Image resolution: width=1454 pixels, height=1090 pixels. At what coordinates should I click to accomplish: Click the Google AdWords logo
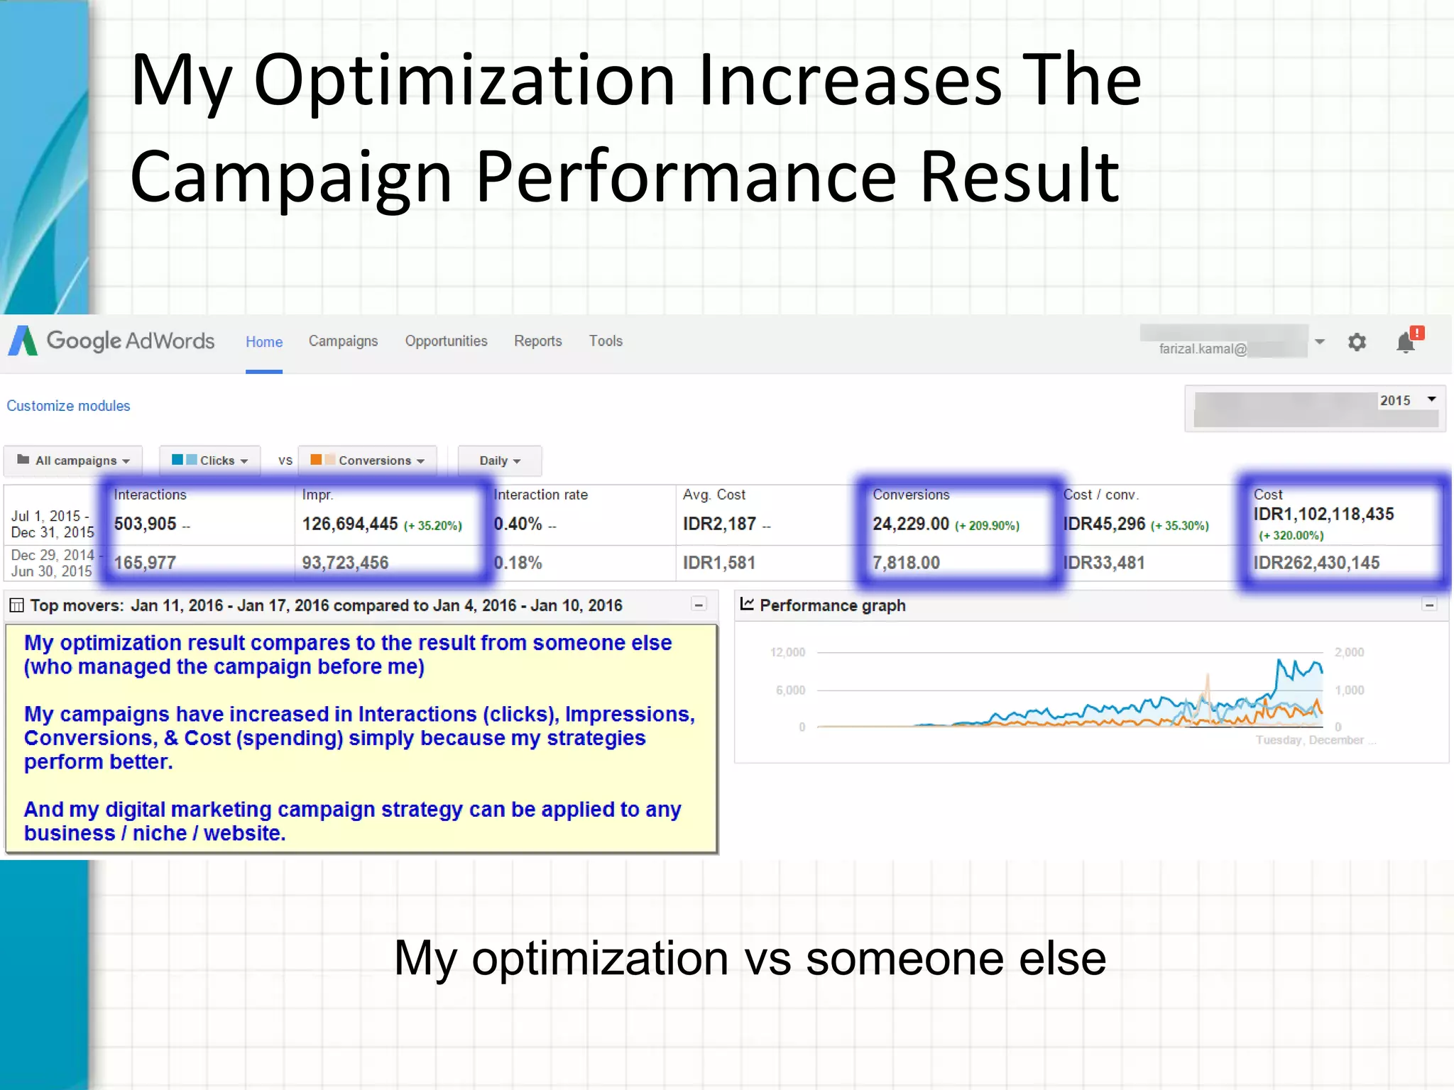(111, 341)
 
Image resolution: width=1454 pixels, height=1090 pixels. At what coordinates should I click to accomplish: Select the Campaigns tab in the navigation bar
(343, 341)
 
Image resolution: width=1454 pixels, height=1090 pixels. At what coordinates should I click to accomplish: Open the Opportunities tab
(446, 341)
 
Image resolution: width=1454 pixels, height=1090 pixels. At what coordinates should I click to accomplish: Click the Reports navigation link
(537, 341)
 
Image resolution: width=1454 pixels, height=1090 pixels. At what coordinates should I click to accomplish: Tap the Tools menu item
(605, 341)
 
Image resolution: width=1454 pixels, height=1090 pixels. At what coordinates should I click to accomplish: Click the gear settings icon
(1357, 343)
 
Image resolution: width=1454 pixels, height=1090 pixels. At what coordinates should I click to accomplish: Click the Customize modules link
(68, 406)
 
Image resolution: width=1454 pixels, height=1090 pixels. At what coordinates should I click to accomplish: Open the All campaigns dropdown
(73, 461)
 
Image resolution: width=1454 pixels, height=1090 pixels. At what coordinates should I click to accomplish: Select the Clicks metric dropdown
(210, 461)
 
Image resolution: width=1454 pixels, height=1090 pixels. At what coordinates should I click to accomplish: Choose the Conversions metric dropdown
(368, 461)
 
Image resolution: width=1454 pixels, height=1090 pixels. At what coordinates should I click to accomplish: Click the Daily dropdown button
(500, 461)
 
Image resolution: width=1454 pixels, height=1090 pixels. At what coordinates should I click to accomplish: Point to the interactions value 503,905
(146, 524)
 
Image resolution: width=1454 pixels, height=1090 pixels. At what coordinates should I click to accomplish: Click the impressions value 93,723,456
(345, 563)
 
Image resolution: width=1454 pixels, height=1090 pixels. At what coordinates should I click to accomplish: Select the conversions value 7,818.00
(906, 563)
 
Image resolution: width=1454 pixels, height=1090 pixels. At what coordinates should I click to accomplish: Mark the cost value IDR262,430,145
(1316, 563)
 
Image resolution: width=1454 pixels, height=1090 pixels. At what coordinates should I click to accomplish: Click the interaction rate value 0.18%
(518, 563)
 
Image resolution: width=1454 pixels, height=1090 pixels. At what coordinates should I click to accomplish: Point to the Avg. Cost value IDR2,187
(719, 524)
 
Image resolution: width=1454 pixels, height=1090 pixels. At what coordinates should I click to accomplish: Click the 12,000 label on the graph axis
(788, 652)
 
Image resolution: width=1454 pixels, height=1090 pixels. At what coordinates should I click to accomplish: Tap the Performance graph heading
(832, 605)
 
